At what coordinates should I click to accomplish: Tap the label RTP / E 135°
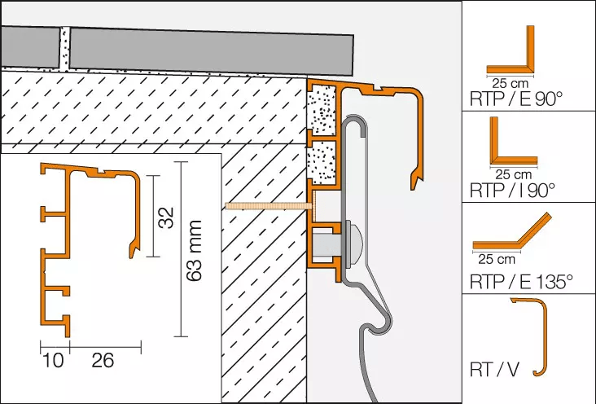tap(521, 282)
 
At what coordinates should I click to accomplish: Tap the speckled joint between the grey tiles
tap(64, 49)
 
